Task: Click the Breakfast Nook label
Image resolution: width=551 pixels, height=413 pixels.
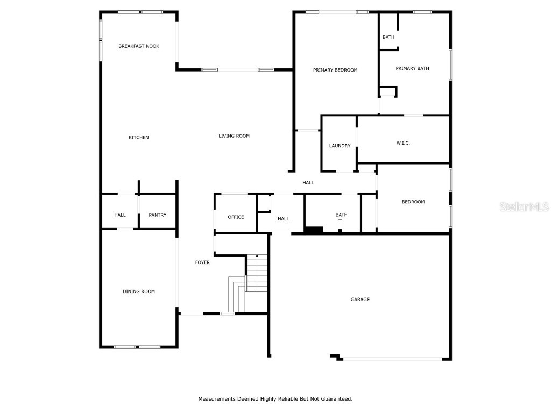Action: [x=139, y=46]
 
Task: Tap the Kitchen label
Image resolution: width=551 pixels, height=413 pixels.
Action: [x=138, y=138]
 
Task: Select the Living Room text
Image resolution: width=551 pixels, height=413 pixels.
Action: [x=234, y=136]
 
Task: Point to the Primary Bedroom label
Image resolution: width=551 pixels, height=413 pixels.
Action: [x=335, y=70]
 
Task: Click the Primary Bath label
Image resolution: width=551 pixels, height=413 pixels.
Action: [x=412, y=68]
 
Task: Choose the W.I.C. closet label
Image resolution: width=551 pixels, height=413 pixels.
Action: [x=403, y=143]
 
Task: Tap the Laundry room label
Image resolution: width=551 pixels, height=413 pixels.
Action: [x=340, y=146]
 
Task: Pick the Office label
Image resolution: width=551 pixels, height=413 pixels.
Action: [x=236, y=217]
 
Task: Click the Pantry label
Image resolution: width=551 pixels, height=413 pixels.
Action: [x=158, y=215]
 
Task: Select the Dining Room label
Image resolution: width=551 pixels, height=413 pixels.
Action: [x=139, y=291]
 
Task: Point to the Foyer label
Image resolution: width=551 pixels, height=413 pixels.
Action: [x=202, y=262]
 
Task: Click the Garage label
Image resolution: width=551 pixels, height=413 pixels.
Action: [x=360, y=300]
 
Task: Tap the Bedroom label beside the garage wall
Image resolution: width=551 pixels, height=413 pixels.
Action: [x=413, y=202]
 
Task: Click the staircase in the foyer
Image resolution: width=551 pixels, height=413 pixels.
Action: [x=257, y=274]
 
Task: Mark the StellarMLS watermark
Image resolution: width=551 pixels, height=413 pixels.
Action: [x=524, y=207]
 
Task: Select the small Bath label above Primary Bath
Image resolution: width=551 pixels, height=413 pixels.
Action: [x=388, y=37]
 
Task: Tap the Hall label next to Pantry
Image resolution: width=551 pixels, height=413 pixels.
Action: [x=120, y=215]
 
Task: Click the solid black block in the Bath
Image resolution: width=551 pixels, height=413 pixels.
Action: [x=313, y=230]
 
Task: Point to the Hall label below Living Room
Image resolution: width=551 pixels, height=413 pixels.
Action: [x=308, y=183]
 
